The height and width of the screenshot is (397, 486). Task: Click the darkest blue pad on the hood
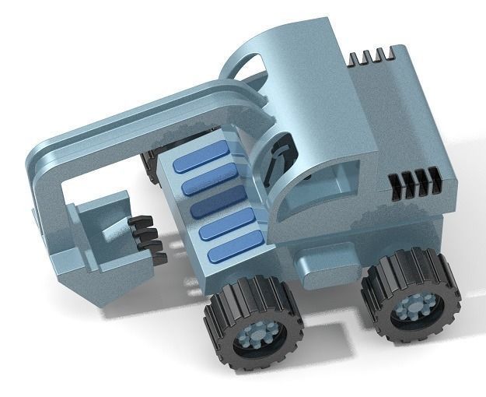click(x=219, y=206)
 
